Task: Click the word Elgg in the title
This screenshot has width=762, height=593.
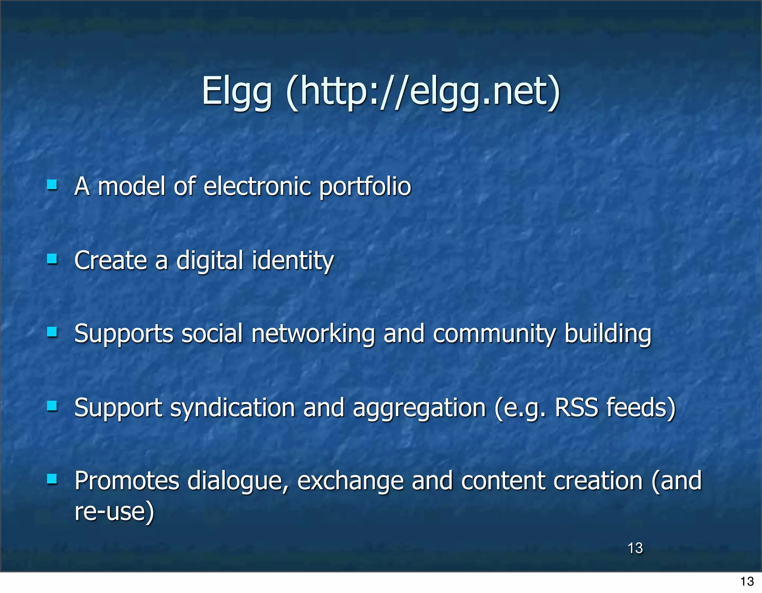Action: (237, 92)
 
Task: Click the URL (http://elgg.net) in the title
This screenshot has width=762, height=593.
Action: (423, 92)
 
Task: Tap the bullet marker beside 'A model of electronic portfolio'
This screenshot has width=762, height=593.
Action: (52, 185)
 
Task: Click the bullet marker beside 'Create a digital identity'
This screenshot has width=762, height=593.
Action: (52, 258)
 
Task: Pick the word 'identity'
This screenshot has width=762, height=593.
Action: (293, 260)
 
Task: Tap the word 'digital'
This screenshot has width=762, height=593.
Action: (210, 260)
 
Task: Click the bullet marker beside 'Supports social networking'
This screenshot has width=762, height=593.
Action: (52, 332)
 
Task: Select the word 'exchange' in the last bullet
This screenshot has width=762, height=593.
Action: (350, 481)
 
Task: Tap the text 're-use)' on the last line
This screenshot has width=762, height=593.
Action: (114, 511)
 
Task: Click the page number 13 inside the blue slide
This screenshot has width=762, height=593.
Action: (635, 548)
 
